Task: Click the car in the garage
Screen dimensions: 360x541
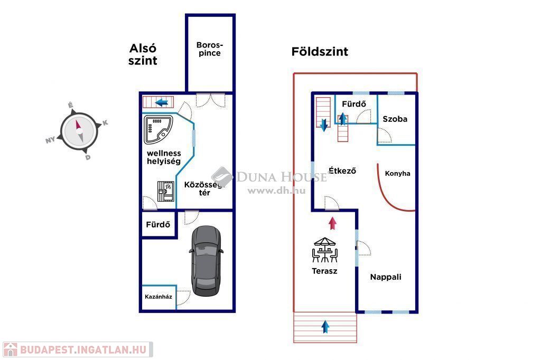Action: pyautogui.click(x=206, y=260)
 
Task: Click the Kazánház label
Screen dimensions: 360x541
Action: pyautogui.click(x=158, y=297)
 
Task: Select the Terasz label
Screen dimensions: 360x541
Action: pyautogui.click(x=324, y=271)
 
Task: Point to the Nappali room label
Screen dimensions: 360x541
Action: pyautogui.click(x=385, y=277)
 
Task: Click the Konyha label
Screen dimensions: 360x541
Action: pyautogui.click(x=397, y=173)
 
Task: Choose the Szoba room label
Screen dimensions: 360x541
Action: pyautogui.click(x=395, y=119)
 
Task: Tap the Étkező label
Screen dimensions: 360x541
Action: pyautogui.click(x=342, y=170)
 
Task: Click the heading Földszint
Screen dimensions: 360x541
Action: pyautogui.click(x=320, y=52)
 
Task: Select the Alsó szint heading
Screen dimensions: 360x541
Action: pyautogui.click(x=143, y=54)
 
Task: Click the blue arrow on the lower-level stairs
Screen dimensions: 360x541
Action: pyautogui.click(x=163, y=101)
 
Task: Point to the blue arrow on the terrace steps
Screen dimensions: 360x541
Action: pyautogui.click(x=325, y=327)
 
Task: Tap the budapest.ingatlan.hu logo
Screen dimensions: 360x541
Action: pyautogui.click(x=77, y=349)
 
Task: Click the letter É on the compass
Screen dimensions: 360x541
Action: pyautogui.click(x=70, y=106)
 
